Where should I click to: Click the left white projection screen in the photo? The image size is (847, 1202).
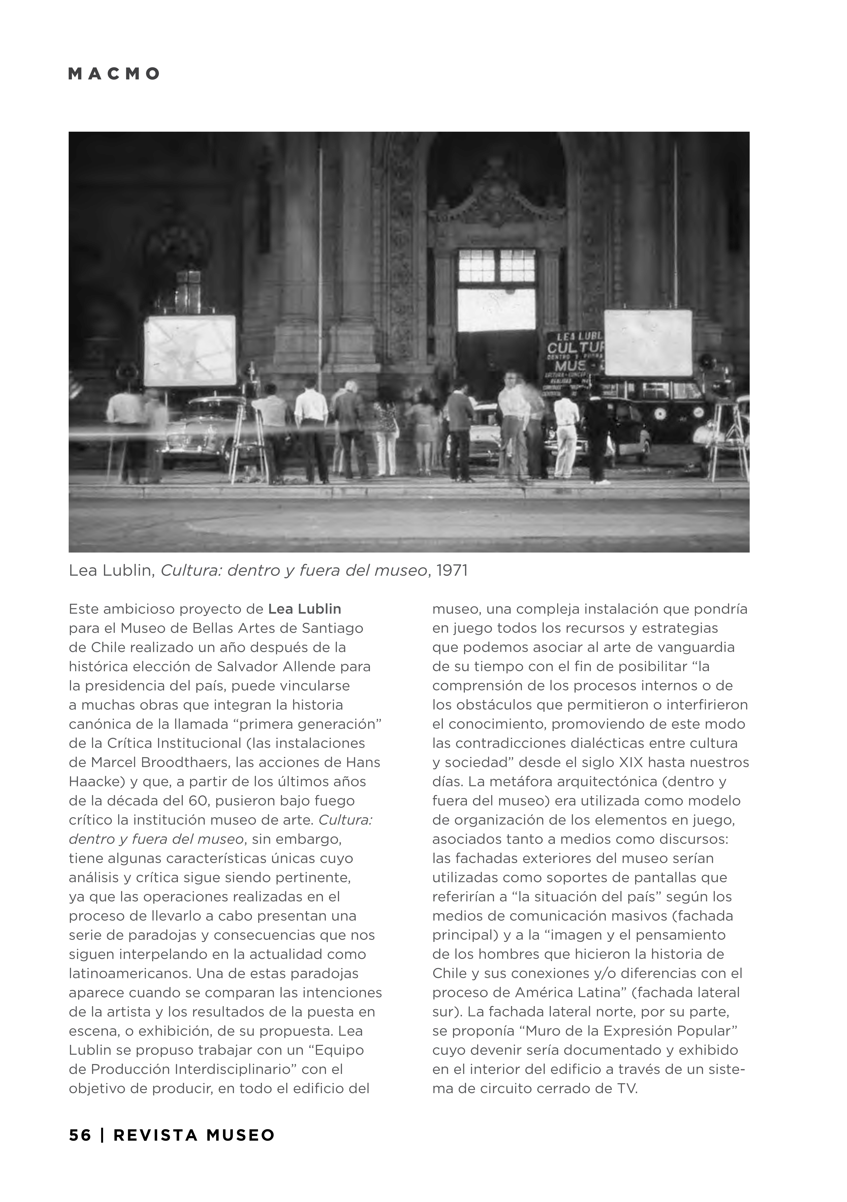click(190, 350)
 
